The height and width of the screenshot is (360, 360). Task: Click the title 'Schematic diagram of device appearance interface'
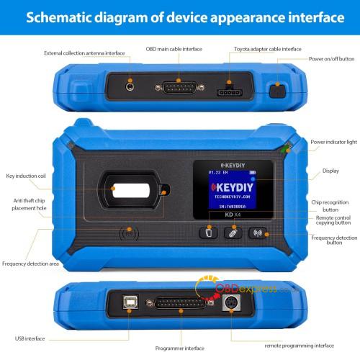pos(180,17)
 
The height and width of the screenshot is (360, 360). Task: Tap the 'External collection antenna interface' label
pos(84,53)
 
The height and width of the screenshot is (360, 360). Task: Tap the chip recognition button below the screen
pos(207,233)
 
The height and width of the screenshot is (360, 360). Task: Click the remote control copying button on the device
pos(231,233)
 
